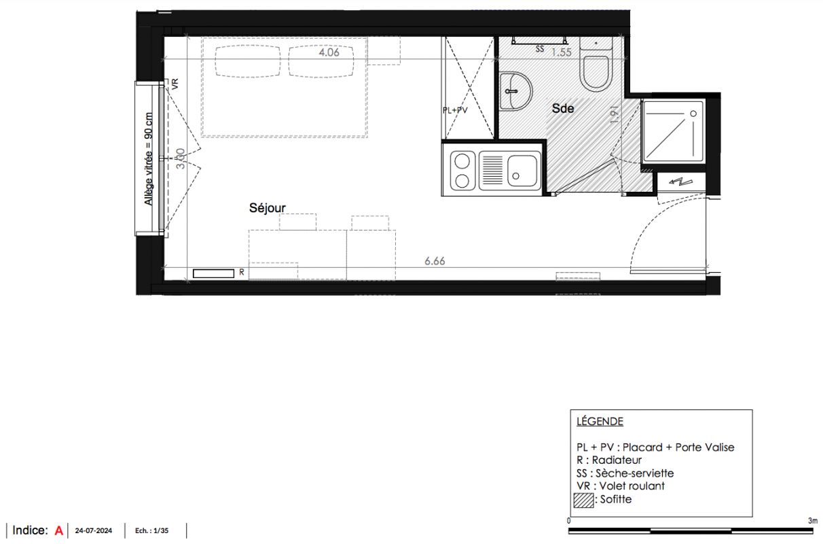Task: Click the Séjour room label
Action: coord(267,208)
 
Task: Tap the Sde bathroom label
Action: coord(563,109)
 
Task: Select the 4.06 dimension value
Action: coord(329,52)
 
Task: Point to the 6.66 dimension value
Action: coord(435,261)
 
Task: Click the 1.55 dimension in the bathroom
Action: coord(562,52)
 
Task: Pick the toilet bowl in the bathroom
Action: coord(596,73)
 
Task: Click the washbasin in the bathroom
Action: coord(515,91)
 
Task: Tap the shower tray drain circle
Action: coord(693,114)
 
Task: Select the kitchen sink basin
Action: coord(522,171)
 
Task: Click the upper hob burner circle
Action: coord(462,161)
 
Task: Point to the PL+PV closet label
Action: coord(455,110)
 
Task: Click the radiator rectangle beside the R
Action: coord(213,273)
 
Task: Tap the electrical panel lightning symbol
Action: coord(680,182)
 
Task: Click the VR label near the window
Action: coord(175,84)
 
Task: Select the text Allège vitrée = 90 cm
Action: coord(149,159)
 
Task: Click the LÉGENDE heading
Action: coord(600,421)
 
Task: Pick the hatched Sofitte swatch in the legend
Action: coord(584,500)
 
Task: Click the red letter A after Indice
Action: coord(59,531)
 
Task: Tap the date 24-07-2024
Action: coord(93,531)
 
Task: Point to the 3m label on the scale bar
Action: coord(813,521)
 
